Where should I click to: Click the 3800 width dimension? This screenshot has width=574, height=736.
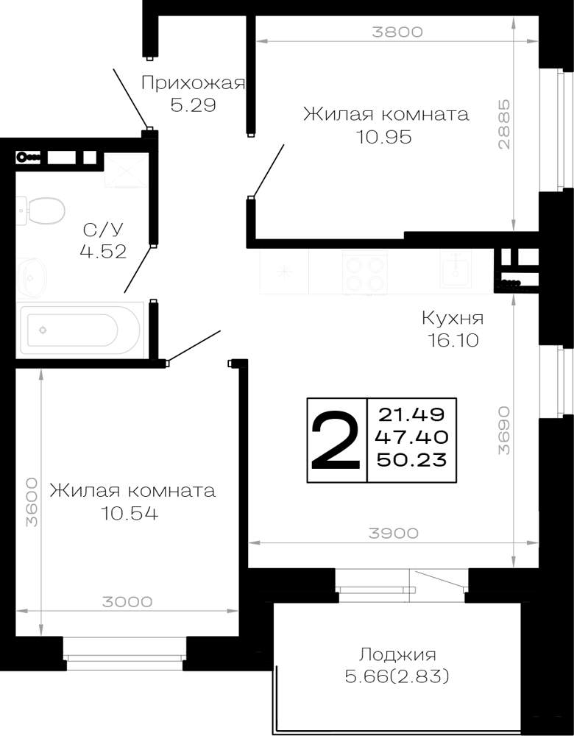[397, 32]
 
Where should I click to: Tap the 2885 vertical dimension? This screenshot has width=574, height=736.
[503, 124]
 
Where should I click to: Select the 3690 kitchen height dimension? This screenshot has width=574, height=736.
[503, 430]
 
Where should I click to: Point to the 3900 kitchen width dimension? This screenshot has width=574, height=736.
[393, 533]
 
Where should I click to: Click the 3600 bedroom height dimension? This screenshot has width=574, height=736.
[32, 502]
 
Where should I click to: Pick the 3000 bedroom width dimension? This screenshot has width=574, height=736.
[127, 601]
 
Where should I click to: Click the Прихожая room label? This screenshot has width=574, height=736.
[193, 83]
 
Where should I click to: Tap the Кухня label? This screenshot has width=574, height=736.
[453, 318]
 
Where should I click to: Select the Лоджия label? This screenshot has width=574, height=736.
[397, 654]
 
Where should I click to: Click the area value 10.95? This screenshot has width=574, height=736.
[383, 137]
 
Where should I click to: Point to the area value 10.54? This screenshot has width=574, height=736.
[130, 514]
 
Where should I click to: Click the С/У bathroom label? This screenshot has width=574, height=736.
[103, 230]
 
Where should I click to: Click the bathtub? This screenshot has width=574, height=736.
[79, 328]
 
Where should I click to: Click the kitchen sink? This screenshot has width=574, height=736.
[455, 268]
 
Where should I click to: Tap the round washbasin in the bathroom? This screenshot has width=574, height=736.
[32, 277]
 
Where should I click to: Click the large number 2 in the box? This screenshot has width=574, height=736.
[336, 440]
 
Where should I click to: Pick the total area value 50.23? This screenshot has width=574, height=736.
[411, 459]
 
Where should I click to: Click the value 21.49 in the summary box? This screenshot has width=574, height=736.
[411, 414]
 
